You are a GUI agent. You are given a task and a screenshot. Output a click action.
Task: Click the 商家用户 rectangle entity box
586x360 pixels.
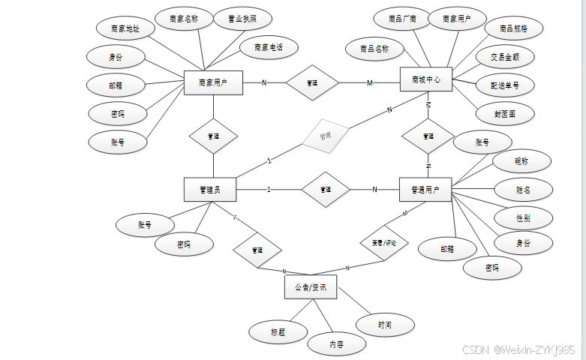(x=213, y=82)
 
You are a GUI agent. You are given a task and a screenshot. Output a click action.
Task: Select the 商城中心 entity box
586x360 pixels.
(x=425, y=79)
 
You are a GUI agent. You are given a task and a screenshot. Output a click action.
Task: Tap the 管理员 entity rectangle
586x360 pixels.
(x=211, y=190)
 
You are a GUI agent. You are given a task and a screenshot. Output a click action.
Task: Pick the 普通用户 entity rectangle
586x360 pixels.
(x=425, y=190)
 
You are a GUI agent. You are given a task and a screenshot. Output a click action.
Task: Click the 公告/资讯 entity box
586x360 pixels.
(x=311, y=287)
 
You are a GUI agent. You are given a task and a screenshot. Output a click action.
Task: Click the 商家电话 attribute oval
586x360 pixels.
(x=269, y=47)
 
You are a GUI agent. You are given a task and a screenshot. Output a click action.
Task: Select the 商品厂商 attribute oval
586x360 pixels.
(x=402, y=19)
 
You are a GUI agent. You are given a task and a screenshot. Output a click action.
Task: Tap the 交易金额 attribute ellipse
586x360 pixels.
(x=505, y=57)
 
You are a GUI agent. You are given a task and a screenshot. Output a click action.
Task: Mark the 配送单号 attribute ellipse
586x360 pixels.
(x=505, y=85)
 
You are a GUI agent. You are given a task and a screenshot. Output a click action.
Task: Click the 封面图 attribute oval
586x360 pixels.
(x=505, y=114)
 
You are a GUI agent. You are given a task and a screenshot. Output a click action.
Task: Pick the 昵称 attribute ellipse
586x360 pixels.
(x=521, y=161)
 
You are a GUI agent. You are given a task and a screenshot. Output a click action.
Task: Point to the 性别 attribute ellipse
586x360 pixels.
(x=523, y=217)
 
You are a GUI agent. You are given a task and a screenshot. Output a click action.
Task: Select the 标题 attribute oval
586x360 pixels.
(x=278, y=331)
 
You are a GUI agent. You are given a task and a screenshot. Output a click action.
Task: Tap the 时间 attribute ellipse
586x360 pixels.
(x=385, y=325)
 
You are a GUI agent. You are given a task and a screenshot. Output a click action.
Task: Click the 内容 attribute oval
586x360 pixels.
(x=337, y=344)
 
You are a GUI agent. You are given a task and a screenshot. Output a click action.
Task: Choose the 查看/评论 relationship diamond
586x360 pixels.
(x=385, y=242)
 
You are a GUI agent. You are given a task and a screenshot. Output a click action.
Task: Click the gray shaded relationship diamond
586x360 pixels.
(x=325, y=136)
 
